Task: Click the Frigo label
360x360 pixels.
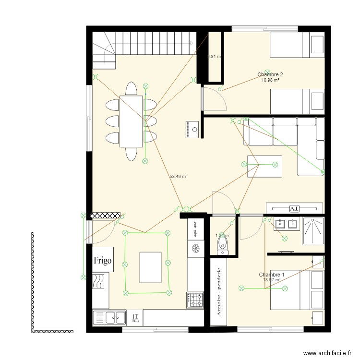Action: click(x=103, y=261)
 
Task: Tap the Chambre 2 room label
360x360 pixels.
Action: click(x=270, y=74)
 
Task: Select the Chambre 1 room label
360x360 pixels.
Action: click(x=272, y=275)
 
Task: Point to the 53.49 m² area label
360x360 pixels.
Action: click(x=179, y=177)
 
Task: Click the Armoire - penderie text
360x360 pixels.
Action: click(x=218, y=293)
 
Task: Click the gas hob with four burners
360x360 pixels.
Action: click(x=195, y=300)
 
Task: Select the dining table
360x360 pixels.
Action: click(x=131, y=120)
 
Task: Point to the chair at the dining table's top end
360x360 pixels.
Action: click(x=131, y=89)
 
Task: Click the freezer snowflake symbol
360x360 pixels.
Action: click(x=195, y=248)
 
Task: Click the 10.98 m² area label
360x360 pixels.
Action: click(x=270, y=80)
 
